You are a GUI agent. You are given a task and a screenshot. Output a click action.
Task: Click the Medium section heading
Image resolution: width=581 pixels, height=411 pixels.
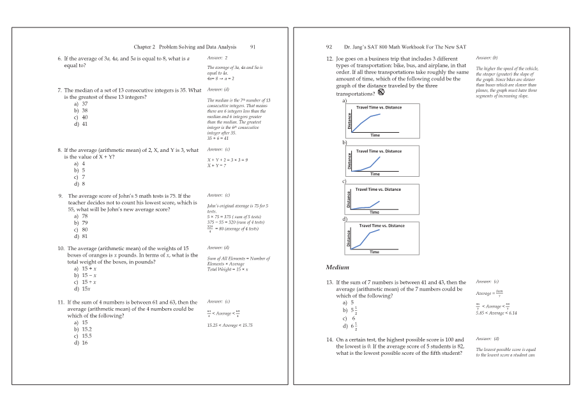337,267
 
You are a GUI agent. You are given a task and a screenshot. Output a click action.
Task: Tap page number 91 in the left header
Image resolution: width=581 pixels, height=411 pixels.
253,47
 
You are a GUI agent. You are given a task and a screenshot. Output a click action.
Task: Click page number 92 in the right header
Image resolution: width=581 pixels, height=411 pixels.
329,47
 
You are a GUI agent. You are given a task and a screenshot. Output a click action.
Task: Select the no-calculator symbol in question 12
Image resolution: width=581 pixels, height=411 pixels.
381,93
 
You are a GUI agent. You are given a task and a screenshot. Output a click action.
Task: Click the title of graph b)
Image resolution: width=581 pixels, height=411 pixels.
379,151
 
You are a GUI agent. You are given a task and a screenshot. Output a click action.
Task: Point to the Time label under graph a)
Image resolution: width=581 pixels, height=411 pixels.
375,135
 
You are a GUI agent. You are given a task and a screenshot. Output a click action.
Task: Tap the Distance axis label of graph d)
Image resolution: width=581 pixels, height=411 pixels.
349,237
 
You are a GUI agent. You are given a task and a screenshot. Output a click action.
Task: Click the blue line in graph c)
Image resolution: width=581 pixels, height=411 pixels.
367,205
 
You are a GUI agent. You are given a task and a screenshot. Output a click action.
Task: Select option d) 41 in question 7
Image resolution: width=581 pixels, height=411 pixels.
82,124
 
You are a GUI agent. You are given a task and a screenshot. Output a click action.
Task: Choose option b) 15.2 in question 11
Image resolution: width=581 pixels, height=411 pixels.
82,329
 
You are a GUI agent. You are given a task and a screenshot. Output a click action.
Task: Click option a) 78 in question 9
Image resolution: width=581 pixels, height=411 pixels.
81,216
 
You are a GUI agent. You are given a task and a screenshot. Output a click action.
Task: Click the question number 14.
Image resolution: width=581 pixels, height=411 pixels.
330,340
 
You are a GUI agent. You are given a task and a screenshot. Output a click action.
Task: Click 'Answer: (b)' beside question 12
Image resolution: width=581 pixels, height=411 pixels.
487,57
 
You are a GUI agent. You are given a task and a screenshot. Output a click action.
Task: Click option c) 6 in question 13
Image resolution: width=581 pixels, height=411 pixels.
348,318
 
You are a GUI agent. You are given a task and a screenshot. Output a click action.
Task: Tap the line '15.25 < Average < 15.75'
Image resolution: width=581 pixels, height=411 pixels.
230,325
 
